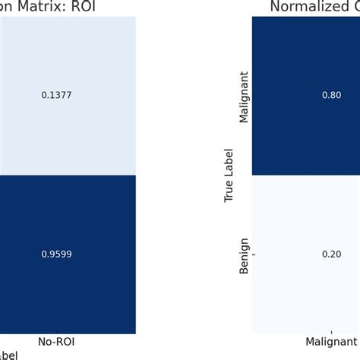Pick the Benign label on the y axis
[245, 254]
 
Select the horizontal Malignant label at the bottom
[332, 343]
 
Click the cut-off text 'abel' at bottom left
[8, 354]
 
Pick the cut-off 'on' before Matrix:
[7, 8]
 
